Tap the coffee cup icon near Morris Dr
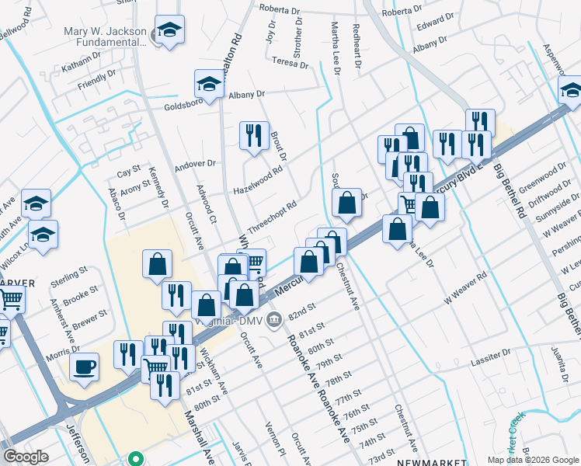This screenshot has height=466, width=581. (84, 368)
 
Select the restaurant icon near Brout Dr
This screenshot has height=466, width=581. (254, 136)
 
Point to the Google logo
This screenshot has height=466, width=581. (26, 457)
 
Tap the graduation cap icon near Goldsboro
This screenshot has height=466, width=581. (209, 85)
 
